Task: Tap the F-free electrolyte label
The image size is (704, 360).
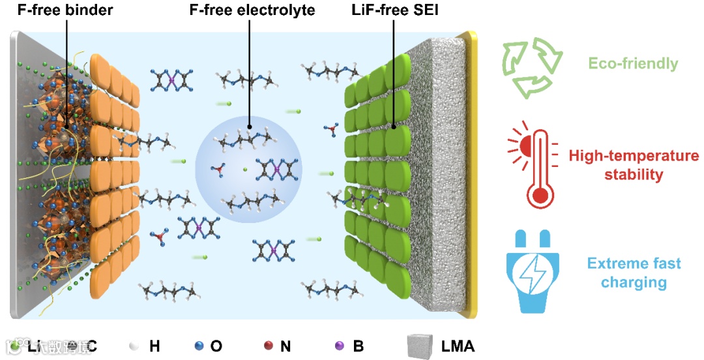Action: click(248, 10)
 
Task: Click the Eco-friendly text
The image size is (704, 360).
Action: click(633, 64)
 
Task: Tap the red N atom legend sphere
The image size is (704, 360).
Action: click(268, 346)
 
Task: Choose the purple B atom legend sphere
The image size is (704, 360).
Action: click(340, 346)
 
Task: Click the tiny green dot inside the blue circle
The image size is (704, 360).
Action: click(245, 170)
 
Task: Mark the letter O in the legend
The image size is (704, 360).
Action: click(216, 346)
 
